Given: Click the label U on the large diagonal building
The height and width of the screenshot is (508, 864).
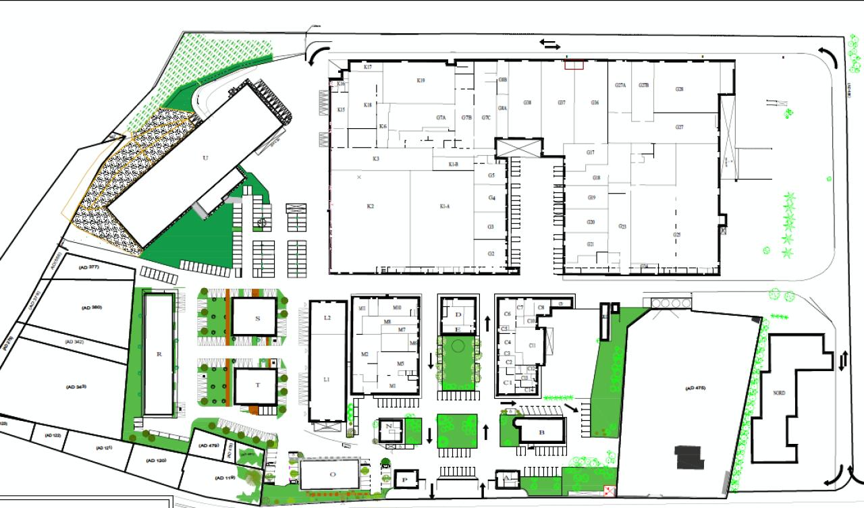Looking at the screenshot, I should tap(205, 158).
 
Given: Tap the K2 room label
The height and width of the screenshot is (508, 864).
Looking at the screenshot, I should tap(370, 206).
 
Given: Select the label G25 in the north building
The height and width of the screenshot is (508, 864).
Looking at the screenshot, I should tap(676, 235).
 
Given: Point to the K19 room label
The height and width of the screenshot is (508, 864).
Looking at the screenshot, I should tap(421, 80).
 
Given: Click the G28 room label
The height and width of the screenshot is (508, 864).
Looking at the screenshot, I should tap(679, 89).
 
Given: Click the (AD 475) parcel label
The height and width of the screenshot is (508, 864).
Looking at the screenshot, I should tap(695, 388).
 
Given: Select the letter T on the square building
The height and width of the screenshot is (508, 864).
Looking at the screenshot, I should tap(257, 386).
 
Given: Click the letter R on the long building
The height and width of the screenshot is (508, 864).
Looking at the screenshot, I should tap(159, 354).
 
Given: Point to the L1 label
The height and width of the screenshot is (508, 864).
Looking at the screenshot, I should tap(327, 380).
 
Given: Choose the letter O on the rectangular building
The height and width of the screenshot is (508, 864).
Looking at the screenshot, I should tap(332, 474).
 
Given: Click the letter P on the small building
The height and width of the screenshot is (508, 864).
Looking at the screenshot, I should tap(405, 479).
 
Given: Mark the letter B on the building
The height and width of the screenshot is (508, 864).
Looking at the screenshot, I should tap(541, 432).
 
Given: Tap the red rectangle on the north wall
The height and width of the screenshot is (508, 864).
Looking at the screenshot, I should tap(574, 64).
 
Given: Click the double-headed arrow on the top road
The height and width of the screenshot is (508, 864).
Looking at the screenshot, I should tap(550, 45).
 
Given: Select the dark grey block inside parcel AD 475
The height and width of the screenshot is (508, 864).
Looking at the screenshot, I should tap(690, 457).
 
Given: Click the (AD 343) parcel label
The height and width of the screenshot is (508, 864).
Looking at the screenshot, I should tap(76, 387).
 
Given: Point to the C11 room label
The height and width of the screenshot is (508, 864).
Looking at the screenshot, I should tap(533, 345).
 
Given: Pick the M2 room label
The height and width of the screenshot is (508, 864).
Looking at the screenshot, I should tap(364, 354).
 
